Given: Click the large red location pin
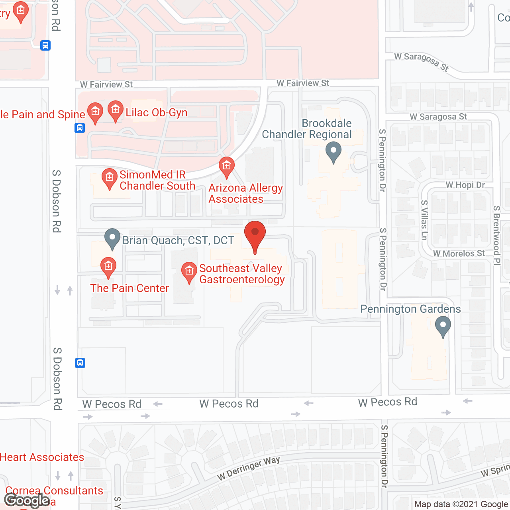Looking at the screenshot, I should [255, 235].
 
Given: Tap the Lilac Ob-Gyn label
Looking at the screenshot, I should [157, 113].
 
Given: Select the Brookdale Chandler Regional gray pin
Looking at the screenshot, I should [333, 153].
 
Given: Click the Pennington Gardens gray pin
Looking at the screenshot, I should [443, 326].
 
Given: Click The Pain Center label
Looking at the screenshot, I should [129, 288].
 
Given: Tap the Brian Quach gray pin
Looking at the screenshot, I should [112, 238].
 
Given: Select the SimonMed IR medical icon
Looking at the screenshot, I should [109, 178].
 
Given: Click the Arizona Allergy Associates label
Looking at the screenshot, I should [245, 193].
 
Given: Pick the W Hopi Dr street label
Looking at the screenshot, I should [465, 185].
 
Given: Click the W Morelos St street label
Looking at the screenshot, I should [459, 253].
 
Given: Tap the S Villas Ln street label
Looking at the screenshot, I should [424, 220].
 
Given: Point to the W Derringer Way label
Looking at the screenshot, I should [249, 469].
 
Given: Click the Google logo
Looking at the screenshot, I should [27, 500].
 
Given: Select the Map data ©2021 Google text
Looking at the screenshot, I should [461, 504].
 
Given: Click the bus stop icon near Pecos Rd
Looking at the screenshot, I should [80, 363].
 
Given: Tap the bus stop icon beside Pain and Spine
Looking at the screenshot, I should [80, 128].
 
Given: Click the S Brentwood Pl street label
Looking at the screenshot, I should [496, 235].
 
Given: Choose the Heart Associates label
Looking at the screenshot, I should [42, 457].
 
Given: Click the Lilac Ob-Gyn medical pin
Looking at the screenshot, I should [116, 110].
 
